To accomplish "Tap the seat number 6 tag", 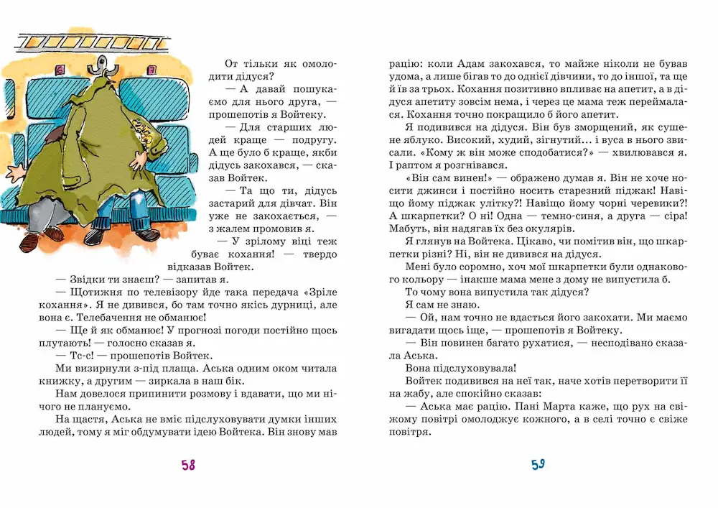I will [60, 70].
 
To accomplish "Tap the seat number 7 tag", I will [154, 70].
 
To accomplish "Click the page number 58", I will [188, 465].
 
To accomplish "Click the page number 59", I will [538, 464].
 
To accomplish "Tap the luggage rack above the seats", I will [101, 44].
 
